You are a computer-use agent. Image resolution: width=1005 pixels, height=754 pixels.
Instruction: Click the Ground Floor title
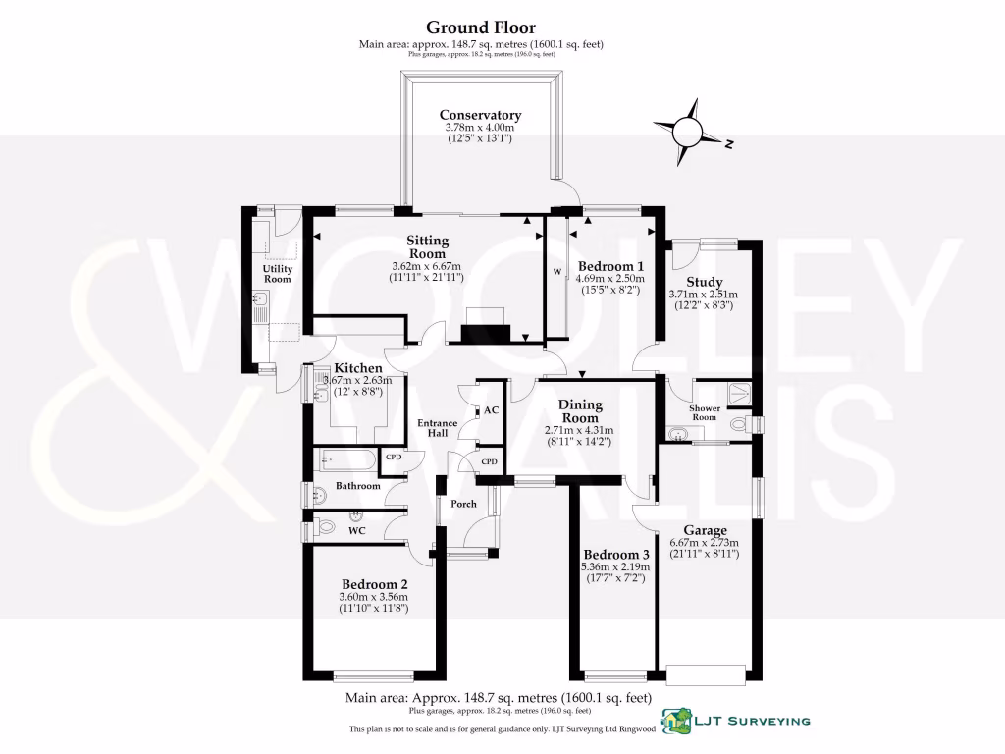[481, 27]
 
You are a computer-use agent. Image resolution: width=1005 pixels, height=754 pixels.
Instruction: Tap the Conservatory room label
[480, 115]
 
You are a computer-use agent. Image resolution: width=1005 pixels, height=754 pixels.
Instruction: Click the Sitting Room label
[428, 247]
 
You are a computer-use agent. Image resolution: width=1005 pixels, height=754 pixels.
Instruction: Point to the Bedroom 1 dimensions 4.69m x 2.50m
[610, 279]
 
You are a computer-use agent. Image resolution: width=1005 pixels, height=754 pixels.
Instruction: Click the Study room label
[705, 283]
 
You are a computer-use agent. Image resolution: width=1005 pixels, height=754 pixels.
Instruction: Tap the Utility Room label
[278, 273]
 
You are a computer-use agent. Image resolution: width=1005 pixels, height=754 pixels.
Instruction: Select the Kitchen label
[358, 368]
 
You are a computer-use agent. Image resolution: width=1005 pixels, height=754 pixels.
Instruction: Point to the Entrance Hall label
[438, 429]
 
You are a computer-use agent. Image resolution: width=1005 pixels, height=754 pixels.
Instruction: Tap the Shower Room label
[705, 412]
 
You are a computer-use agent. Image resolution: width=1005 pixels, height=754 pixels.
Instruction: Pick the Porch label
[463, 505]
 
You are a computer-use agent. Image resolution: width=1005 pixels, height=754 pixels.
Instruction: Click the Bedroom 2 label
[372, 583]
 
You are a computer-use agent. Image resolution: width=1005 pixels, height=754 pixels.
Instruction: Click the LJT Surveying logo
[736, 721]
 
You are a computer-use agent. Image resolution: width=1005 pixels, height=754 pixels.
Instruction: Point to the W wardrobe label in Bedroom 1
[555, 273]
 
